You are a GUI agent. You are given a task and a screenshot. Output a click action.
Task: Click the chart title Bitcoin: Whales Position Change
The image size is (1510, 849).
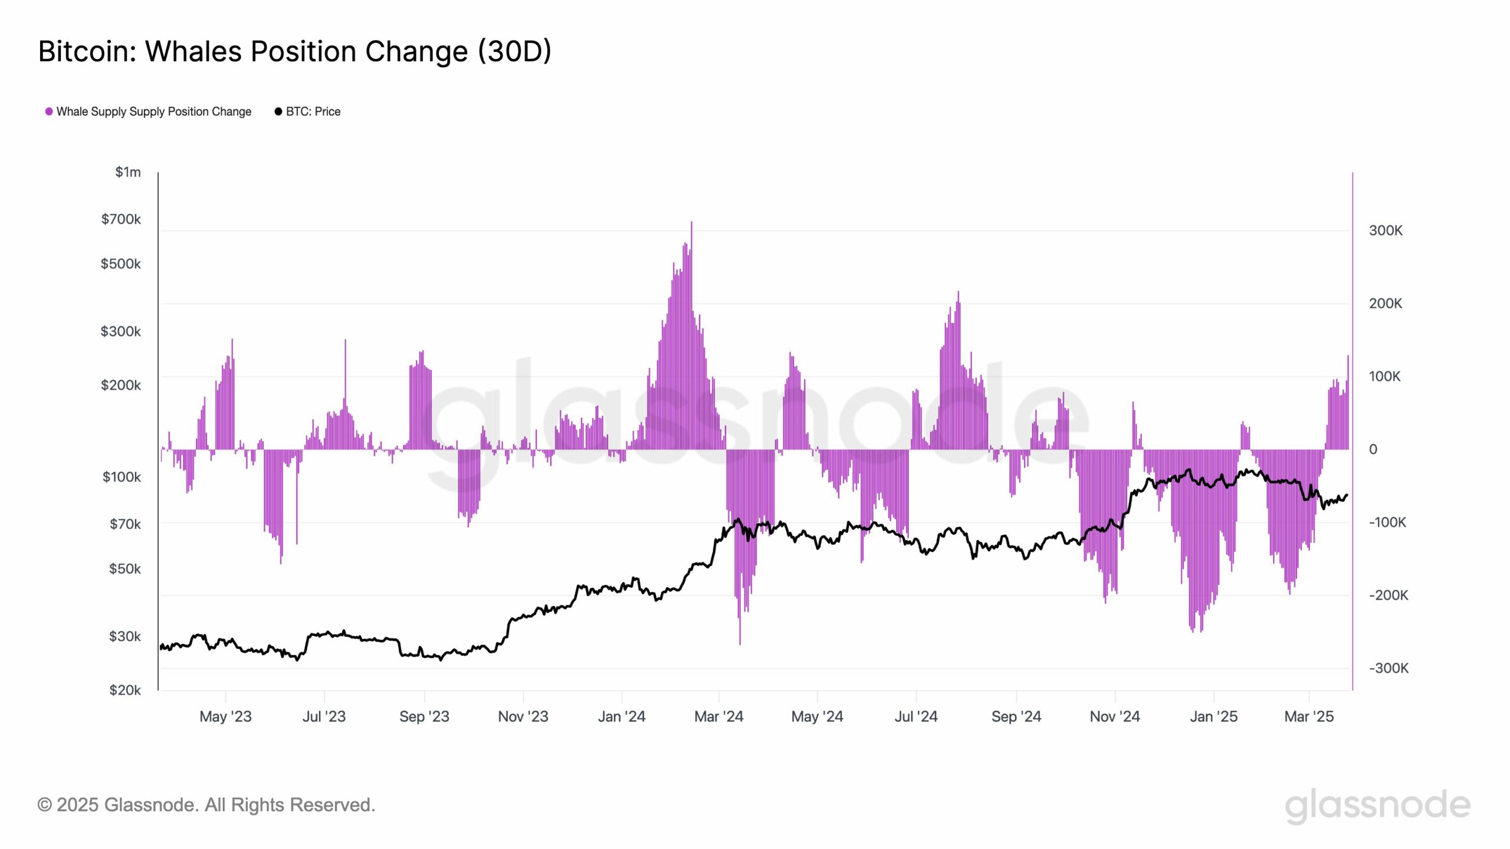point(294,51)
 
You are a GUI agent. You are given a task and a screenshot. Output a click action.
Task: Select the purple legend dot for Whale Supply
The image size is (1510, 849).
point(49,111)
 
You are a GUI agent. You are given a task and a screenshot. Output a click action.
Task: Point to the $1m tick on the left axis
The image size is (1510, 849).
point(128,172)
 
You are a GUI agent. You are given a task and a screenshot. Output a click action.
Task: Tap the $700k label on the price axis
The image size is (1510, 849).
point(121,219)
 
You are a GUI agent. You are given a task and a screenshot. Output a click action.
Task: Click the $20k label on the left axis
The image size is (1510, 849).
point(124,690)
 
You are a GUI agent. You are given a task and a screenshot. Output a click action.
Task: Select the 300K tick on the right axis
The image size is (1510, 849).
point(1386,231)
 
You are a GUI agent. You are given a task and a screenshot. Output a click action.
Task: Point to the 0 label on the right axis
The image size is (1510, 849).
point(1373,449)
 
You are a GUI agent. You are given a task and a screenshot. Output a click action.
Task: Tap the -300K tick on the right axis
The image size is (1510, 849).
point(1388,668)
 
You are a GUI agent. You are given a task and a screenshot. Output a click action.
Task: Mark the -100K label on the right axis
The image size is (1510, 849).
point(1387,522)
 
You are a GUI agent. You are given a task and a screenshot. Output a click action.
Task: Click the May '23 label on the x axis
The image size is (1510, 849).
point(225,716)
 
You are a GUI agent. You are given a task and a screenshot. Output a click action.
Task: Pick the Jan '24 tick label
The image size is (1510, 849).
point(622,716)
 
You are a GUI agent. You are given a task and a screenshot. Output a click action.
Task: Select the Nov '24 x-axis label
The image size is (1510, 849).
point(1115,716)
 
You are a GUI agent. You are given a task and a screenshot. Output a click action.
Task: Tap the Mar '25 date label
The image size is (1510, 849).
point(1309,716)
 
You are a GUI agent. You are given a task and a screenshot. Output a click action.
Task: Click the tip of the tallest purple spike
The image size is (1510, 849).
point(691,223)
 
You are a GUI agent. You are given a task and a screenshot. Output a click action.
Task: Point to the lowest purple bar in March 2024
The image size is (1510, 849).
point(740,643)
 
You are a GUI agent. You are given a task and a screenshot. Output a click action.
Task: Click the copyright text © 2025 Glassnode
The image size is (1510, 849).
point(206,805)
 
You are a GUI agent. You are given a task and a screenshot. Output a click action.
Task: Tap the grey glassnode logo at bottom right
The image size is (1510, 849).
point(1377,805)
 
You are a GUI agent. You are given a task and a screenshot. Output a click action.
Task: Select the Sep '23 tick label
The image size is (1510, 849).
point(424,716)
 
